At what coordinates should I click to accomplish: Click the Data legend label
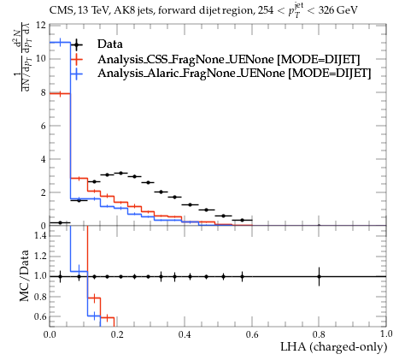[110, 44]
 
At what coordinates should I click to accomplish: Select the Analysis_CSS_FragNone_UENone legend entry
[229, 59]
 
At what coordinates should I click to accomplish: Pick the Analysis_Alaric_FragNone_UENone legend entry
[234, 74]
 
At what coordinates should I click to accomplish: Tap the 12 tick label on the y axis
[41, 26]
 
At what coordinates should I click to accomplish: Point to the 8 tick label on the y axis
[43, 92]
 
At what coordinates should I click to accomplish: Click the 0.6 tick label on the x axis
[252, 333]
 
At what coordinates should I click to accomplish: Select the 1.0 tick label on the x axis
[386, 333]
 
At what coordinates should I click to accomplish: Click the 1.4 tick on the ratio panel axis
[40, 235]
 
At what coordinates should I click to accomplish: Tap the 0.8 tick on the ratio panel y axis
[40, 297]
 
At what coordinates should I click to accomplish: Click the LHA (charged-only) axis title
[334, 347]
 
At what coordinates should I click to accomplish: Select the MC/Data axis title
[24, 275]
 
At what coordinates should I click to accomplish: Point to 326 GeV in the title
[337, 11]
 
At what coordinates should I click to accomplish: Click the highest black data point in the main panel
[120, 173]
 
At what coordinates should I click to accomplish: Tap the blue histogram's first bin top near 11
[60, 43]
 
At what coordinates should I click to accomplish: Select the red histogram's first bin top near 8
[60, 93]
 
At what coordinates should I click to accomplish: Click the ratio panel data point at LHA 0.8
[319, 276]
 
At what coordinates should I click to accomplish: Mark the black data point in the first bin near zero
[60, 222]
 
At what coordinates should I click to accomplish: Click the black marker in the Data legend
[76, 44]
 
